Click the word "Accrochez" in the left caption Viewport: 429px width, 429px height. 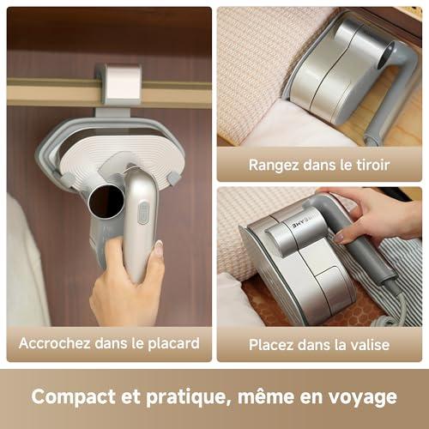(55, 343)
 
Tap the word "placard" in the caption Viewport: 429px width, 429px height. (174, 344)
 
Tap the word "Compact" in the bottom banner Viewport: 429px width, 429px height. (72, 397)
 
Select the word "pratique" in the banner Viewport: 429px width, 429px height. (186, 397)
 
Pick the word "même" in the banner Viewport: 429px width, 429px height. (266, 396)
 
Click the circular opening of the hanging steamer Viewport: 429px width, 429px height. (106, 201)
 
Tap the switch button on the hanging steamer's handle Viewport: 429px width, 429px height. (143, 212)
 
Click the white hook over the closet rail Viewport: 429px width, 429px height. (124, 83)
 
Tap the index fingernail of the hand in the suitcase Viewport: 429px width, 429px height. (340, 238)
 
